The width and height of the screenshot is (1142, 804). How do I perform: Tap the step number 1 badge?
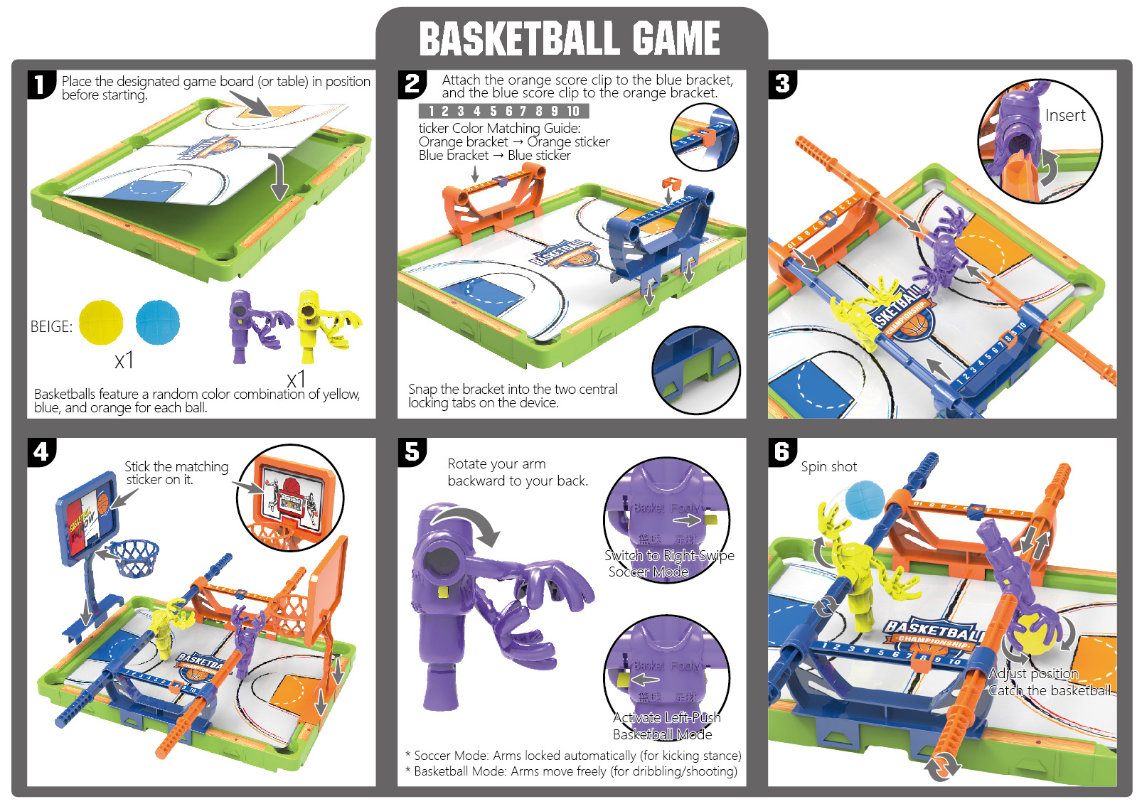pyautogui.click(x=41, y=84)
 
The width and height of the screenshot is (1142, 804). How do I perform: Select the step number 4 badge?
pyautogui.click(x=41, y=452)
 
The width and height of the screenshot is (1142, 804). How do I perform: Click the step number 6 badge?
pyautogui.click(x=782, y=451)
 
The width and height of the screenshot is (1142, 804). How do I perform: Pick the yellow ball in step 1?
pyautogui.click(x=101, y=322)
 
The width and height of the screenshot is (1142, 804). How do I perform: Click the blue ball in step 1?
pyautogui.click(x=158, y=322)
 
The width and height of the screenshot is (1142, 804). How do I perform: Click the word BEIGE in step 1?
pyautogui.click(x=51, y=327)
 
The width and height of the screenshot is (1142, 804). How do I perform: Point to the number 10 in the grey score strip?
pyautogui.click(x=573, y=111)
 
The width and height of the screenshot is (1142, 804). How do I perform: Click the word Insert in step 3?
pyautogui.click(x=1064, y=116)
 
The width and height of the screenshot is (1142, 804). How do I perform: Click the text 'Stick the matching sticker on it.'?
pyautogui.click(x=176, y=473)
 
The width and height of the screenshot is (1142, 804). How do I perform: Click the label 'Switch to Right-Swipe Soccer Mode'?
pyautogui.click(x=668, y=563)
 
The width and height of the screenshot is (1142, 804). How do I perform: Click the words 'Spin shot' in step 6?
pyautogui.click(x=828, y=467)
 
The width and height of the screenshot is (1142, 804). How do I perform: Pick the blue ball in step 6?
pyautogui.click(x=864, y=500)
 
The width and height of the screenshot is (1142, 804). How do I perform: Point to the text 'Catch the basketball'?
pyautogui.click(x=1050, y=690)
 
